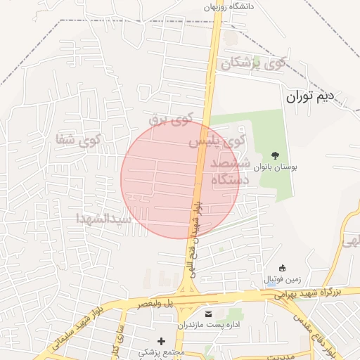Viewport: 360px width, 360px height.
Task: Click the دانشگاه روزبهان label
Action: coord(227,6)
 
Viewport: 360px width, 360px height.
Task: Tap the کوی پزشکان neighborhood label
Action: coord(254,63)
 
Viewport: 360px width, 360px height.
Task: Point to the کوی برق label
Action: coord(170,120)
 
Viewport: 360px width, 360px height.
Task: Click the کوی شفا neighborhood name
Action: coord(79,139)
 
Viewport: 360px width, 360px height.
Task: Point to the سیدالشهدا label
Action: coord(104,219)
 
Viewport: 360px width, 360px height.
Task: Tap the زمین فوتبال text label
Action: coord(281,279)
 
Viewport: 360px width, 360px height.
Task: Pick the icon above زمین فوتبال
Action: coord(282,268)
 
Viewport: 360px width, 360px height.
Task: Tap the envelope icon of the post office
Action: coord(207,313)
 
